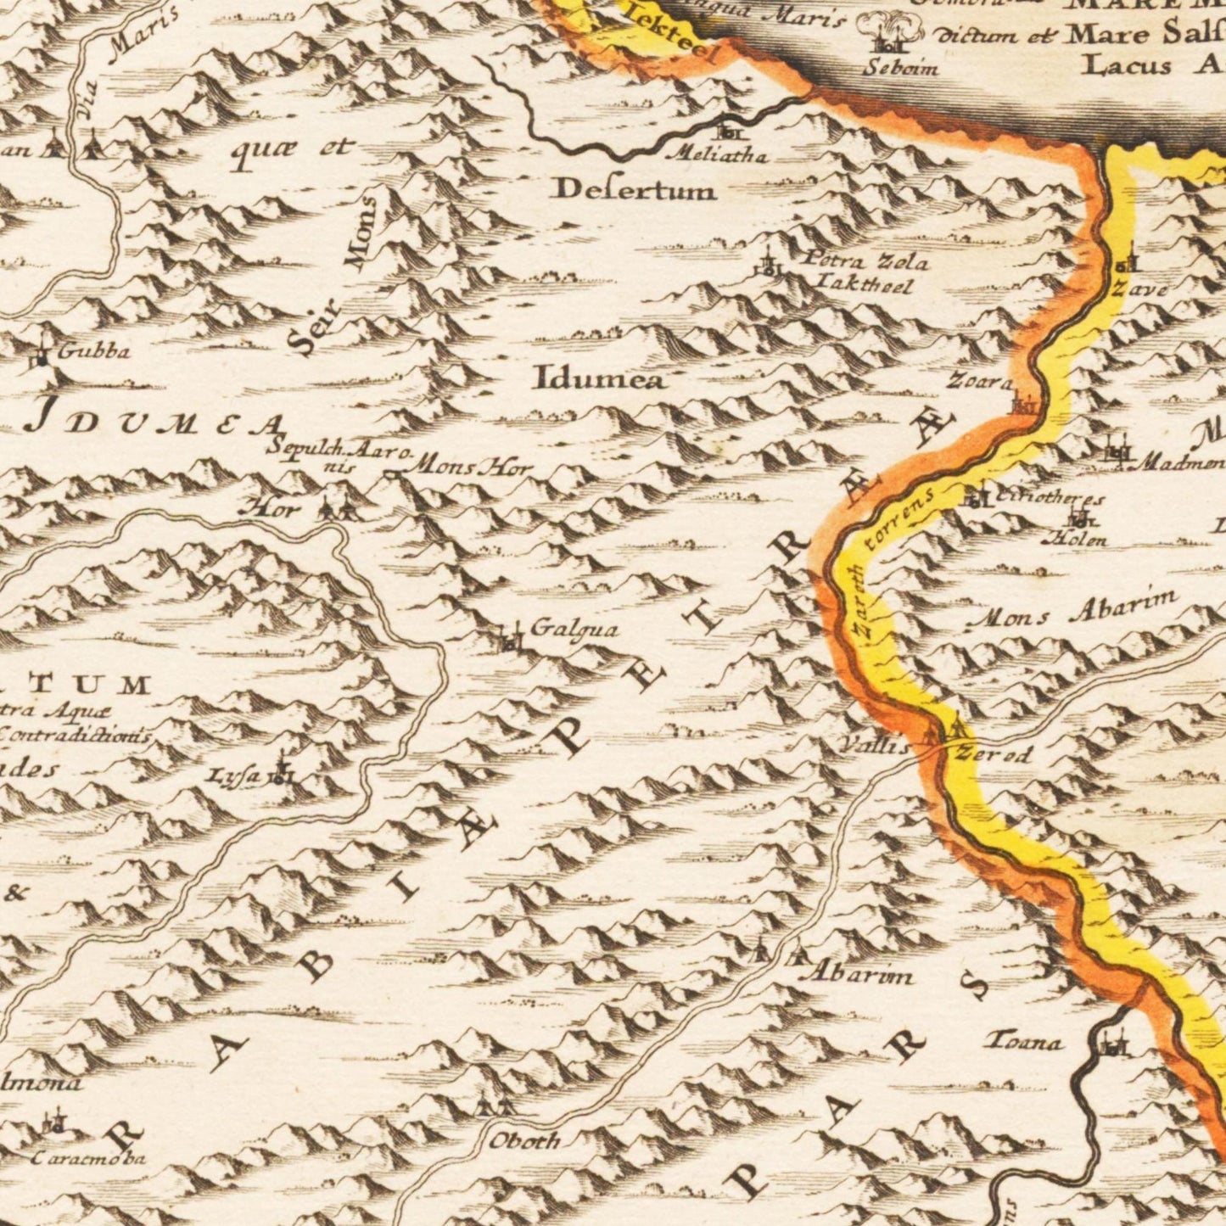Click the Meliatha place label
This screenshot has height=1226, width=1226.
coord(719,156)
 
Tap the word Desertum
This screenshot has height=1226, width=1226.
coord(634,190)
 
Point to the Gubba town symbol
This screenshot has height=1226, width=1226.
coord(42,356)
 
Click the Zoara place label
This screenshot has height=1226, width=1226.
coord(980,383)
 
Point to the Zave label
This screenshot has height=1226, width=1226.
coord(1139,289)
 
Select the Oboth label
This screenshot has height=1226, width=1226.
coord(524,1141)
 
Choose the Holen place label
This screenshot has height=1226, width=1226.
coord(1078,539)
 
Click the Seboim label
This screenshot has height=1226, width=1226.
coord(900,69)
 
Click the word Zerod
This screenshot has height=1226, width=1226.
coord(994,753)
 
